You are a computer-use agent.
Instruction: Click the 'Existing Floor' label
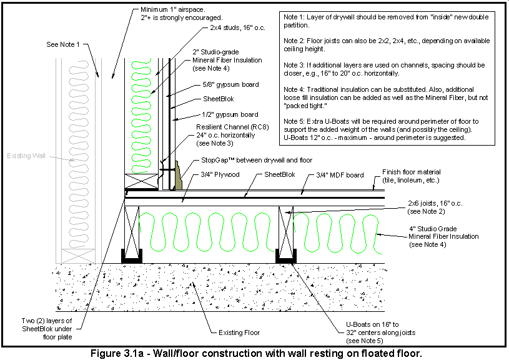click(x=239, y=332)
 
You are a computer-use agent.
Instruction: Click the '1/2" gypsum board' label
click(x=230, y=114)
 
